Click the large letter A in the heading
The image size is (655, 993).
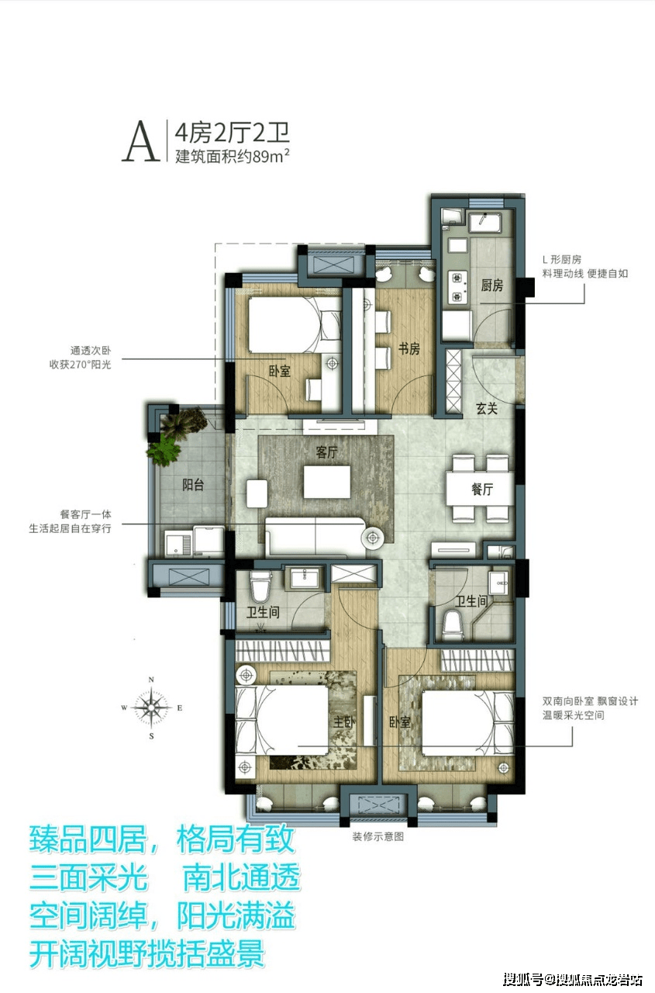click(141, 141)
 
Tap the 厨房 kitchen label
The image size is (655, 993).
click(492, 285)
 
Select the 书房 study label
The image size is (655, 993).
click(409, 349)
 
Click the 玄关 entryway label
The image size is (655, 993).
click(487, 408)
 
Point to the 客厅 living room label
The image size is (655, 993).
click(327, 452)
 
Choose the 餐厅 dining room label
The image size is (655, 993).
click(482, 490)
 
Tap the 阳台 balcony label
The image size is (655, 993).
click(193, 485)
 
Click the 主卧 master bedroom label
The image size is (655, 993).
click(344, 722)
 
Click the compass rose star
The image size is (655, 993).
click(151, 708)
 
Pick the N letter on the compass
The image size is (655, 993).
click(151, 680)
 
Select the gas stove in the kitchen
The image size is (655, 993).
click(457, 286)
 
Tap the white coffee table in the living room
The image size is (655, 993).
click(327, 482)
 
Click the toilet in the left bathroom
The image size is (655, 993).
click(261, 584)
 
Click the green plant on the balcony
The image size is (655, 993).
click(165, 450)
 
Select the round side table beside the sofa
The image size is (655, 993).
click(372, 538)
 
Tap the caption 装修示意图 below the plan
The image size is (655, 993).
click(378, 836)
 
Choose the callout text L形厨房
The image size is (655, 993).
click(562, 259)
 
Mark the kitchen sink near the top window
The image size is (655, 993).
click(486, 223)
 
